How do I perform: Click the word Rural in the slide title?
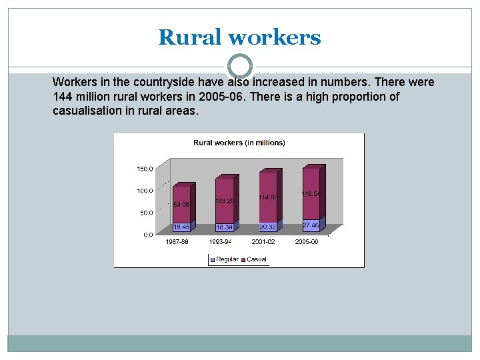[x=190, y=37]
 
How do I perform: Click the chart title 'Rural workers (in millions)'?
[x=239, y=143]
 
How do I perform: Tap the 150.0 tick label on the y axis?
[x=145, y=169]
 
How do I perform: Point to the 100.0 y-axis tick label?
[x=145, y=191]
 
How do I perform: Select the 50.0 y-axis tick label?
[x=146, y=213]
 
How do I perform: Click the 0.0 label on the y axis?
[x=147, y=235]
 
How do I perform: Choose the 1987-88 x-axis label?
[x=177, y=242]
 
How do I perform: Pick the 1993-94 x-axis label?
[x=220, y=242]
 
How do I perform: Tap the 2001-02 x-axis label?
[x=263, y=242]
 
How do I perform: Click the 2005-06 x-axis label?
[x=307, y=242]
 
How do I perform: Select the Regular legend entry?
[x=225, y=259]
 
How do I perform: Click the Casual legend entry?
[x=255, y=259]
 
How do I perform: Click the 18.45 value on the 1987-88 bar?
[x=181, y=227]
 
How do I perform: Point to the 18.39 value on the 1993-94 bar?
[x=224, y=227]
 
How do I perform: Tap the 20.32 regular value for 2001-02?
[x=267, y=227]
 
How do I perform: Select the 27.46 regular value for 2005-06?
[x=311, y=225]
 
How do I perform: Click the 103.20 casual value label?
[x=224, y=201]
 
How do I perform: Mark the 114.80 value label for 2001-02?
[x=268, y=197]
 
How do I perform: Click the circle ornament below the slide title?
[x=240, y=67]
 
